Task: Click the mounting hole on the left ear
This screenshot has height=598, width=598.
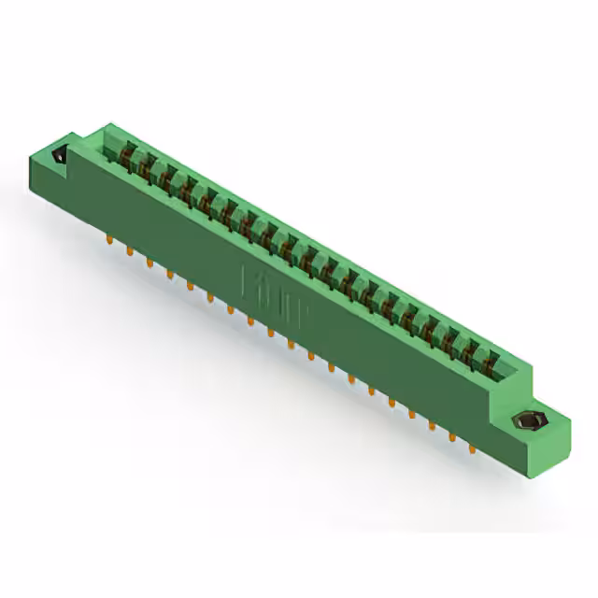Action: tap(60, 157)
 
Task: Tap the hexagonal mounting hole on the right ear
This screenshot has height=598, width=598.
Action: tap(520, 422)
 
